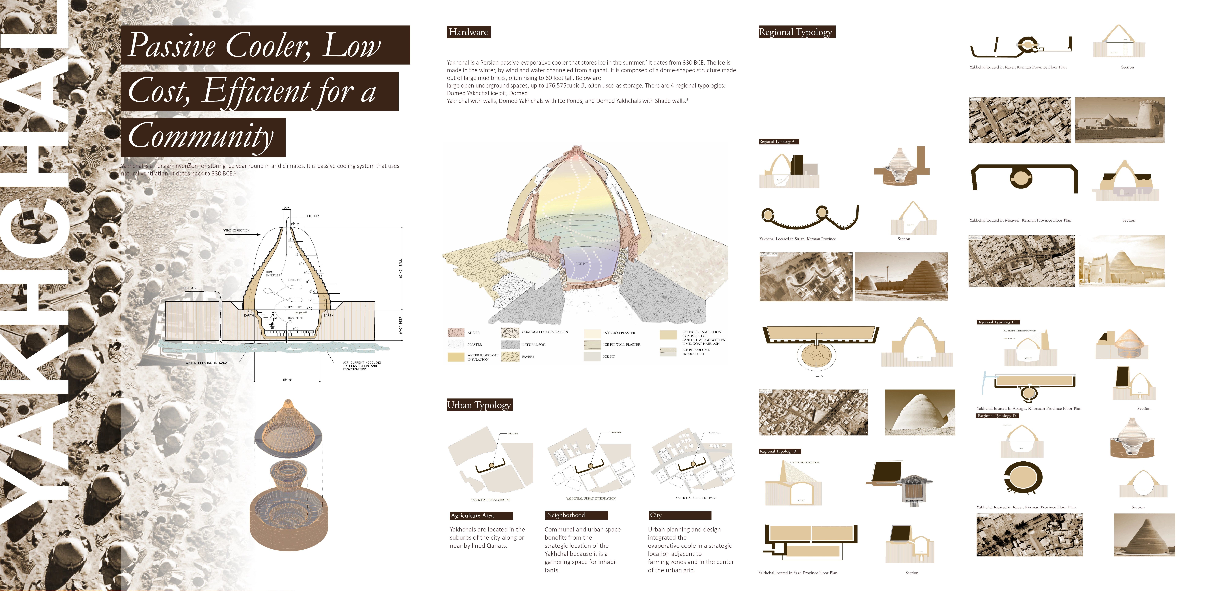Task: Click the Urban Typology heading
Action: pyautogui.click(x=479, y=405)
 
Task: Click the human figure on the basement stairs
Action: pyautogui.click(x=273, y=320)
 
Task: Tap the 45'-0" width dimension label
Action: pyautogui.click(x=287, y=379)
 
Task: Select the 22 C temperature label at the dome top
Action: pyautogui.click(x=295, y=224)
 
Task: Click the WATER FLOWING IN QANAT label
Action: pyautogui.click(x=207, y=363)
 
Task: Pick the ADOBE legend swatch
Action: pyautogui.click(x=456, y=332)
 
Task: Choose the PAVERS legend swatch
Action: pyautogui.click(x=510, y=356)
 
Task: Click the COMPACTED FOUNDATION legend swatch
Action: pyautogui.click(x=510, y=332)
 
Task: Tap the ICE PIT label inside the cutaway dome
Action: pyautogui.click(x=582, y=264)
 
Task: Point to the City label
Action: pyautogui.click(x=656, y=515)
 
